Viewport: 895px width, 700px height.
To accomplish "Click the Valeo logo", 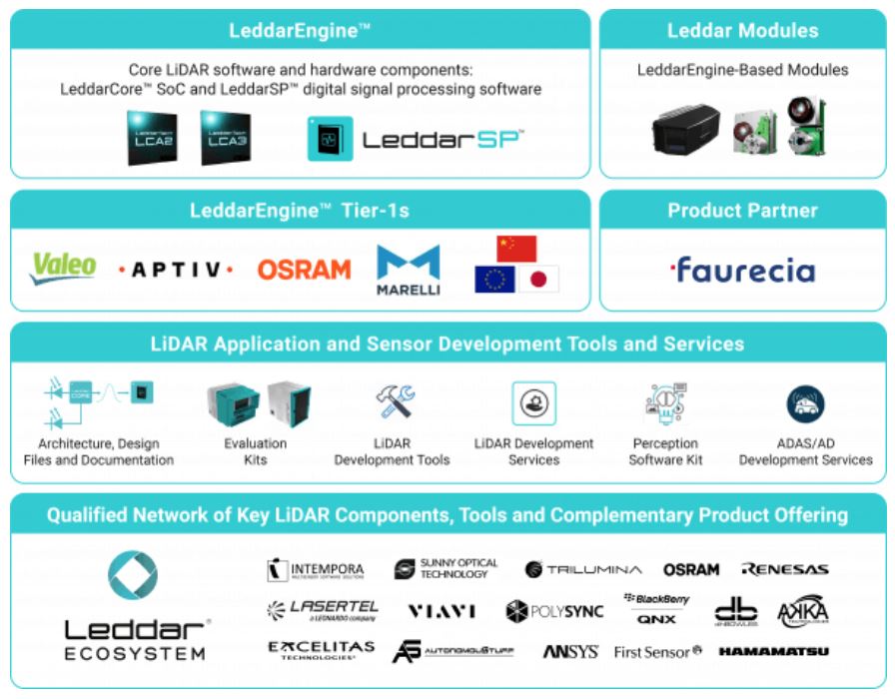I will click(64, 268).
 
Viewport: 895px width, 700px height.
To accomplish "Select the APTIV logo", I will click(176, 270).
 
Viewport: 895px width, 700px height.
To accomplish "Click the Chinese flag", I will click(516, 249).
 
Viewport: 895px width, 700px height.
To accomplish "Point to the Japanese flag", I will click(538, 279).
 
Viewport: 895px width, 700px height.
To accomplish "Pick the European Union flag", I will click(495, 279).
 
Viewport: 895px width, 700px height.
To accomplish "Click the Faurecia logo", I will click(742, 270).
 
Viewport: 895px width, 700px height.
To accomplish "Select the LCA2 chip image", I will click(152, 138).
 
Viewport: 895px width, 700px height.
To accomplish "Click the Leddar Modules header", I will click(742, 31).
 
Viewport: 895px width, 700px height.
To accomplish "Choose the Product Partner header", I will click(742, 211).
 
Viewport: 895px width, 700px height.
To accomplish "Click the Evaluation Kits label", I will click(255, 451).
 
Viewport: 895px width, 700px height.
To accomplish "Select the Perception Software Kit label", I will click(665, 451).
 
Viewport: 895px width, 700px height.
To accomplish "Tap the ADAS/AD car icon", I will click(805, 403).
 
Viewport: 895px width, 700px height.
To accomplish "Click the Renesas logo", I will click(784, 569).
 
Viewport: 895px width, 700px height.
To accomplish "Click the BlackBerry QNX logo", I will click(656, 608).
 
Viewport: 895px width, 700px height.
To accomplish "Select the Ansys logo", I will click(570, 652).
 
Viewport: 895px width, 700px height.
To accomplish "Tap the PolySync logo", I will click(554, 611).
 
